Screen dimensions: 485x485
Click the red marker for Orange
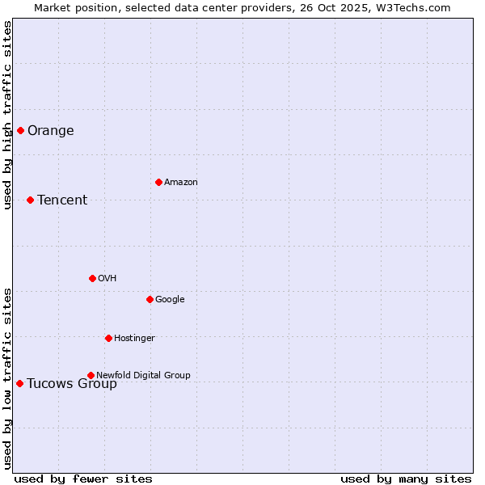(x=20, y=130)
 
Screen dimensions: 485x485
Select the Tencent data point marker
(x=30, y=200)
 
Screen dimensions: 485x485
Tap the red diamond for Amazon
(x=158, y=182)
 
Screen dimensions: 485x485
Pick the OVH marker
(x=92, y=278)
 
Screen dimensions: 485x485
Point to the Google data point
(x=150, y=299)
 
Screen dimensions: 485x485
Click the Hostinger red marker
(x=108, y=338)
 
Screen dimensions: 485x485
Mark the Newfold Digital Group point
(x=91, y=375)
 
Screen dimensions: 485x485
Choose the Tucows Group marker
(x=19, y=383)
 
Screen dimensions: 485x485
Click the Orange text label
(x=51, y=131)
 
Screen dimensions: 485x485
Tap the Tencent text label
(x=62, y=200)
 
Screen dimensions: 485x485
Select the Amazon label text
(x=181, y=183)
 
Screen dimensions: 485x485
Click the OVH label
(x=108, y=279)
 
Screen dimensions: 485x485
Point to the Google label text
(x=170, y=300)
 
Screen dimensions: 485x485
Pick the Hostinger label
(x=134, y=339)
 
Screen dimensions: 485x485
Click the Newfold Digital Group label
(x=144, y=376)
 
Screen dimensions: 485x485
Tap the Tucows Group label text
(x=72, y=384)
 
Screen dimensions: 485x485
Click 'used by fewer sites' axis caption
(x=83, y=479)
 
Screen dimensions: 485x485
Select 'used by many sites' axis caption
(x=406, y=479)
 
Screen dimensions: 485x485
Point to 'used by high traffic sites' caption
(x=7, y=115)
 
